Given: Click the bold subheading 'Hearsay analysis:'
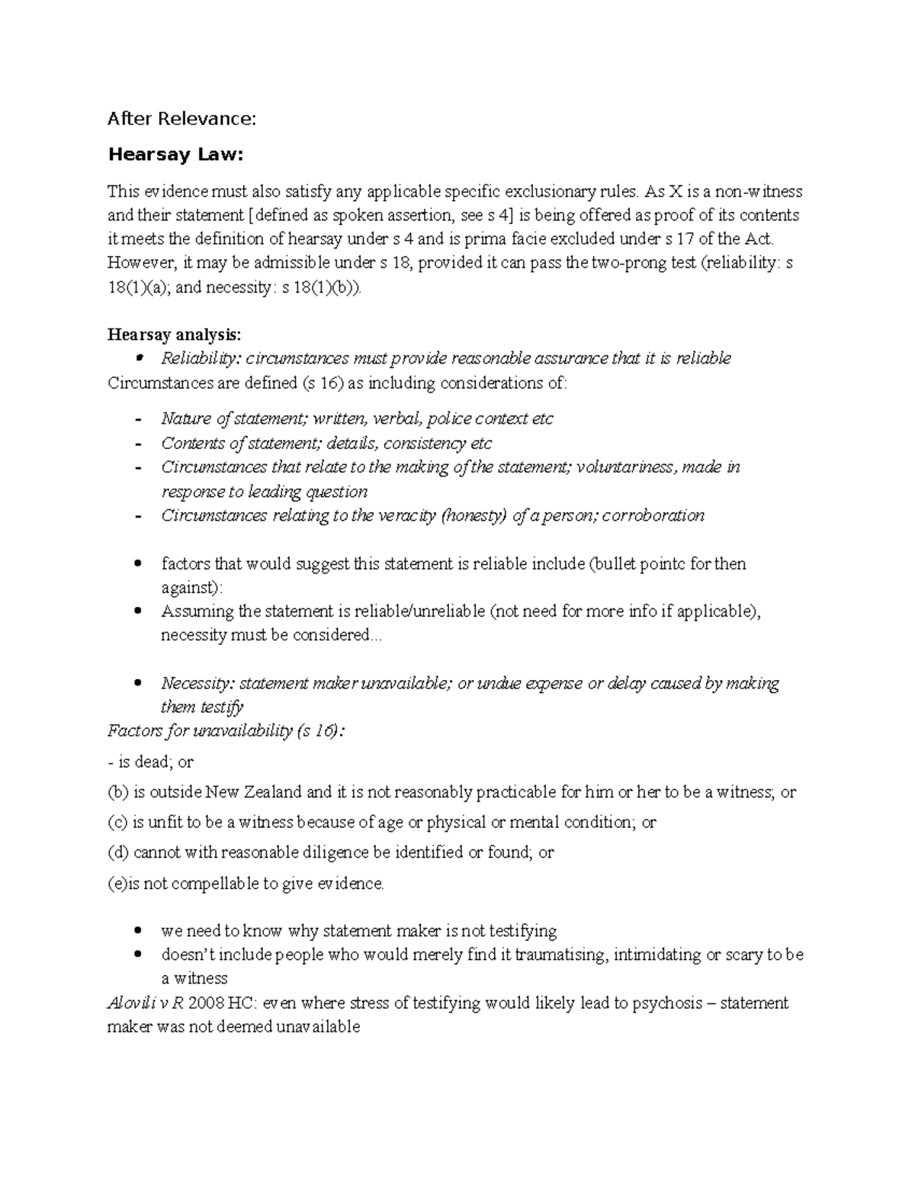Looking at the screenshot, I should click(174, 335).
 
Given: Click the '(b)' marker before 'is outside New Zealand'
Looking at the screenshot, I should click(118, 792).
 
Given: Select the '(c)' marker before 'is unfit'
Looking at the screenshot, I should click(118, 823).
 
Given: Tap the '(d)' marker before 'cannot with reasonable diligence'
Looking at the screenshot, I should click(118, 852).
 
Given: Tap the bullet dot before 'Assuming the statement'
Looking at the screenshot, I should click(137, 611).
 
